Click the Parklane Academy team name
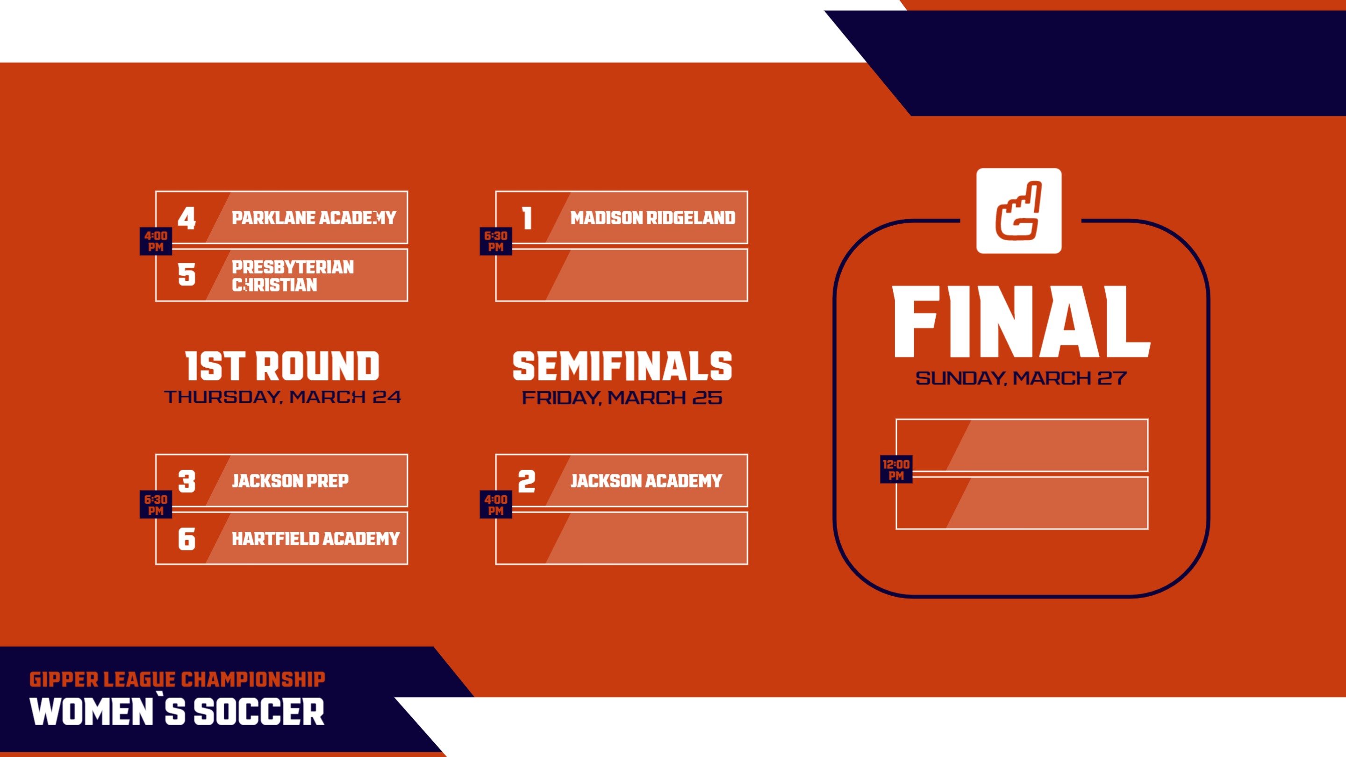(314, 218)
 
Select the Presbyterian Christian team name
(293, 276)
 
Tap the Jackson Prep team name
(290, 481)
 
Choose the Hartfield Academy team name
(315, 539)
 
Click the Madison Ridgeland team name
(652, 218)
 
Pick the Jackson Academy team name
(646, 481)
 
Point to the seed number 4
(186, 218)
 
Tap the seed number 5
(186, 275)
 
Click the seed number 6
(186, 539)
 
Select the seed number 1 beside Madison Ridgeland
(527, 218)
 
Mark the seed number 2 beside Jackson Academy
(527, 481)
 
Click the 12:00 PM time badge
(895, 470)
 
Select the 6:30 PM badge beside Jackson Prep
(156, 505)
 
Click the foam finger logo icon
(1018, 211)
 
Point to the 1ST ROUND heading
(282, 366)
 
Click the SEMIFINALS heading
(622, 366)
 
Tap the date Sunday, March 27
(1020, 378)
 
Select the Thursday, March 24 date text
(282, 397)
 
